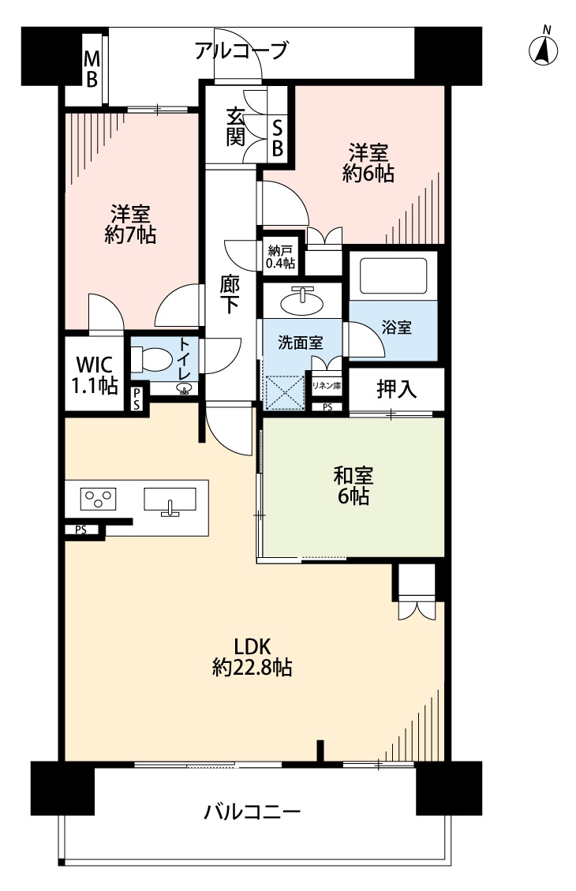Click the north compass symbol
(543, 48)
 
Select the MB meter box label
(92, 69)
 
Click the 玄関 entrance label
(235, 125)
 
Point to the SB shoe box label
(278, 137)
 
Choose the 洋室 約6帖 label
(368, 163)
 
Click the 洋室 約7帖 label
(130, 223)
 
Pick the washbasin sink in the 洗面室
(302, 301)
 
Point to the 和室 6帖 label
(352, 485)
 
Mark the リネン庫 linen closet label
(326, 385)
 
